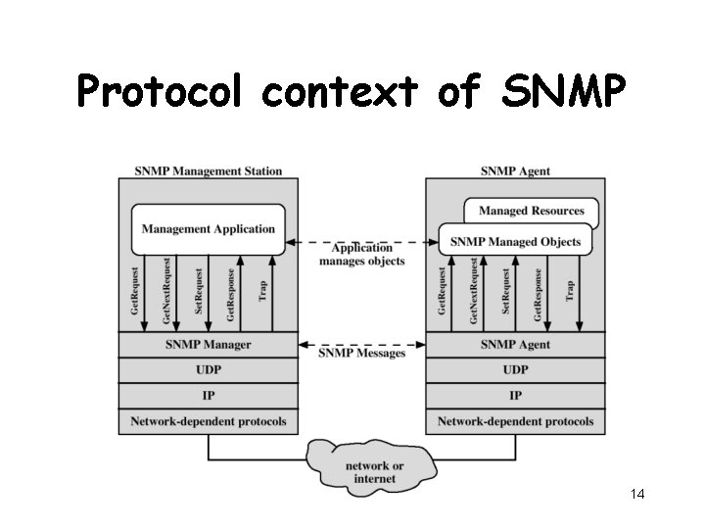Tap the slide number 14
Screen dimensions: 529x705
point(637,494)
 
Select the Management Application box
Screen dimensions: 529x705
point(209,229)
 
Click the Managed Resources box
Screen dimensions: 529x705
point(532,211)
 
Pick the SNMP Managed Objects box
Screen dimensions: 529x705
point(515,241)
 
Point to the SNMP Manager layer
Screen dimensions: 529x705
point(209,345)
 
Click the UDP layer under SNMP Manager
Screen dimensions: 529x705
point(209,370)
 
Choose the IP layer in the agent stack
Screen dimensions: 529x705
point(515,396)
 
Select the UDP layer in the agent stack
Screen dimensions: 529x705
point(515,370)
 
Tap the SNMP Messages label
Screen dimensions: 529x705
point(362,352)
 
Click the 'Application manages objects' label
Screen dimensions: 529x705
point(361,255)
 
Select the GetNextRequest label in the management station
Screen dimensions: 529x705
point(167,292)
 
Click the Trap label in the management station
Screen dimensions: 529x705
point(262,292)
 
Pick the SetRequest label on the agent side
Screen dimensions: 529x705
point(506,292)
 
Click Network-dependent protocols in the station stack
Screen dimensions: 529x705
point(209,422)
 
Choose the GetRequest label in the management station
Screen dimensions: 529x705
point(136,292)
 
